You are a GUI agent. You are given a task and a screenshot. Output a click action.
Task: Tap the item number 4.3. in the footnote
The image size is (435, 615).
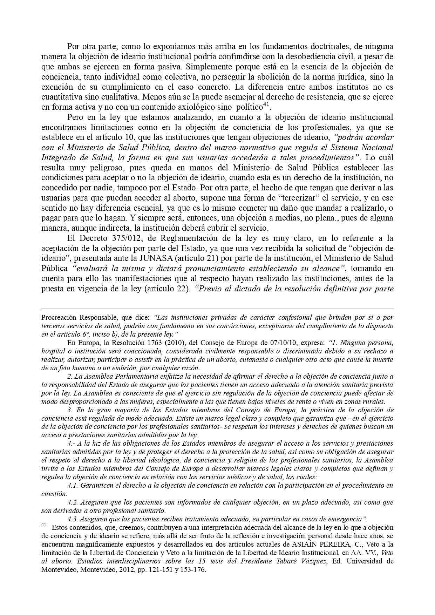point(74,519)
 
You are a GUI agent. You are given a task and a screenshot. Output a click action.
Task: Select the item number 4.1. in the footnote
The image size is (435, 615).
point(74,485)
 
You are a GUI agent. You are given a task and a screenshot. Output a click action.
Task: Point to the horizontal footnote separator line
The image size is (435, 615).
point(217,309)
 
